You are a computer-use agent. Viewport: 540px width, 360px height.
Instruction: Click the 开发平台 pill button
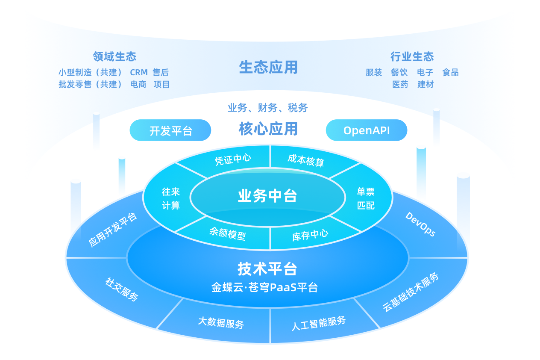(170, 130)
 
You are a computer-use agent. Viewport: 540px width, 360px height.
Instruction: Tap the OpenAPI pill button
(366, 130)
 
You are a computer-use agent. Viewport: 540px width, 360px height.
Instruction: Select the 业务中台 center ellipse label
(267, 196)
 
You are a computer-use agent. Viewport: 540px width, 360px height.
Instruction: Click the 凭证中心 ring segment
(233, 159)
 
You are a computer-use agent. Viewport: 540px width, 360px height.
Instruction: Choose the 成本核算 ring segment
(306, 160)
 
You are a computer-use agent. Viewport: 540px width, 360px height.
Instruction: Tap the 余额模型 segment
(227, 233)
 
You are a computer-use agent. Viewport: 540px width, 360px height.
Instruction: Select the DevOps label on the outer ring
(420, 224)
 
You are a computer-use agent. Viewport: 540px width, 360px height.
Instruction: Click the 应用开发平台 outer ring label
(113, 230)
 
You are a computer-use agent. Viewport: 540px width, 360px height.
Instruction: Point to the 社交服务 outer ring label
(122, 289)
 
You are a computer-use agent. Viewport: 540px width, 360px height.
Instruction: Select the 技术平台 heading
(267, 269)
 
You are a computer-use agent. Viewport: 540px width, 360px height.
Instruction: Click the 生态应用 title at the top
(268, 68)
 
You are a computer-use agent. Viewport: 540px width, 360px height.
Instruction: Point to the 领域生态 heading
(114, 56)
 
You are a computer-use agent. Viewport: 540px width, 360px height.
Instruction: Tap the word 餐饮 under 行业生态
(399, 72)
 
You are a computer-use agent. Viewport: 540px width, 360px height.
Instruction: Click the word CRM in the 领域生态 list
(139, 72)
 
